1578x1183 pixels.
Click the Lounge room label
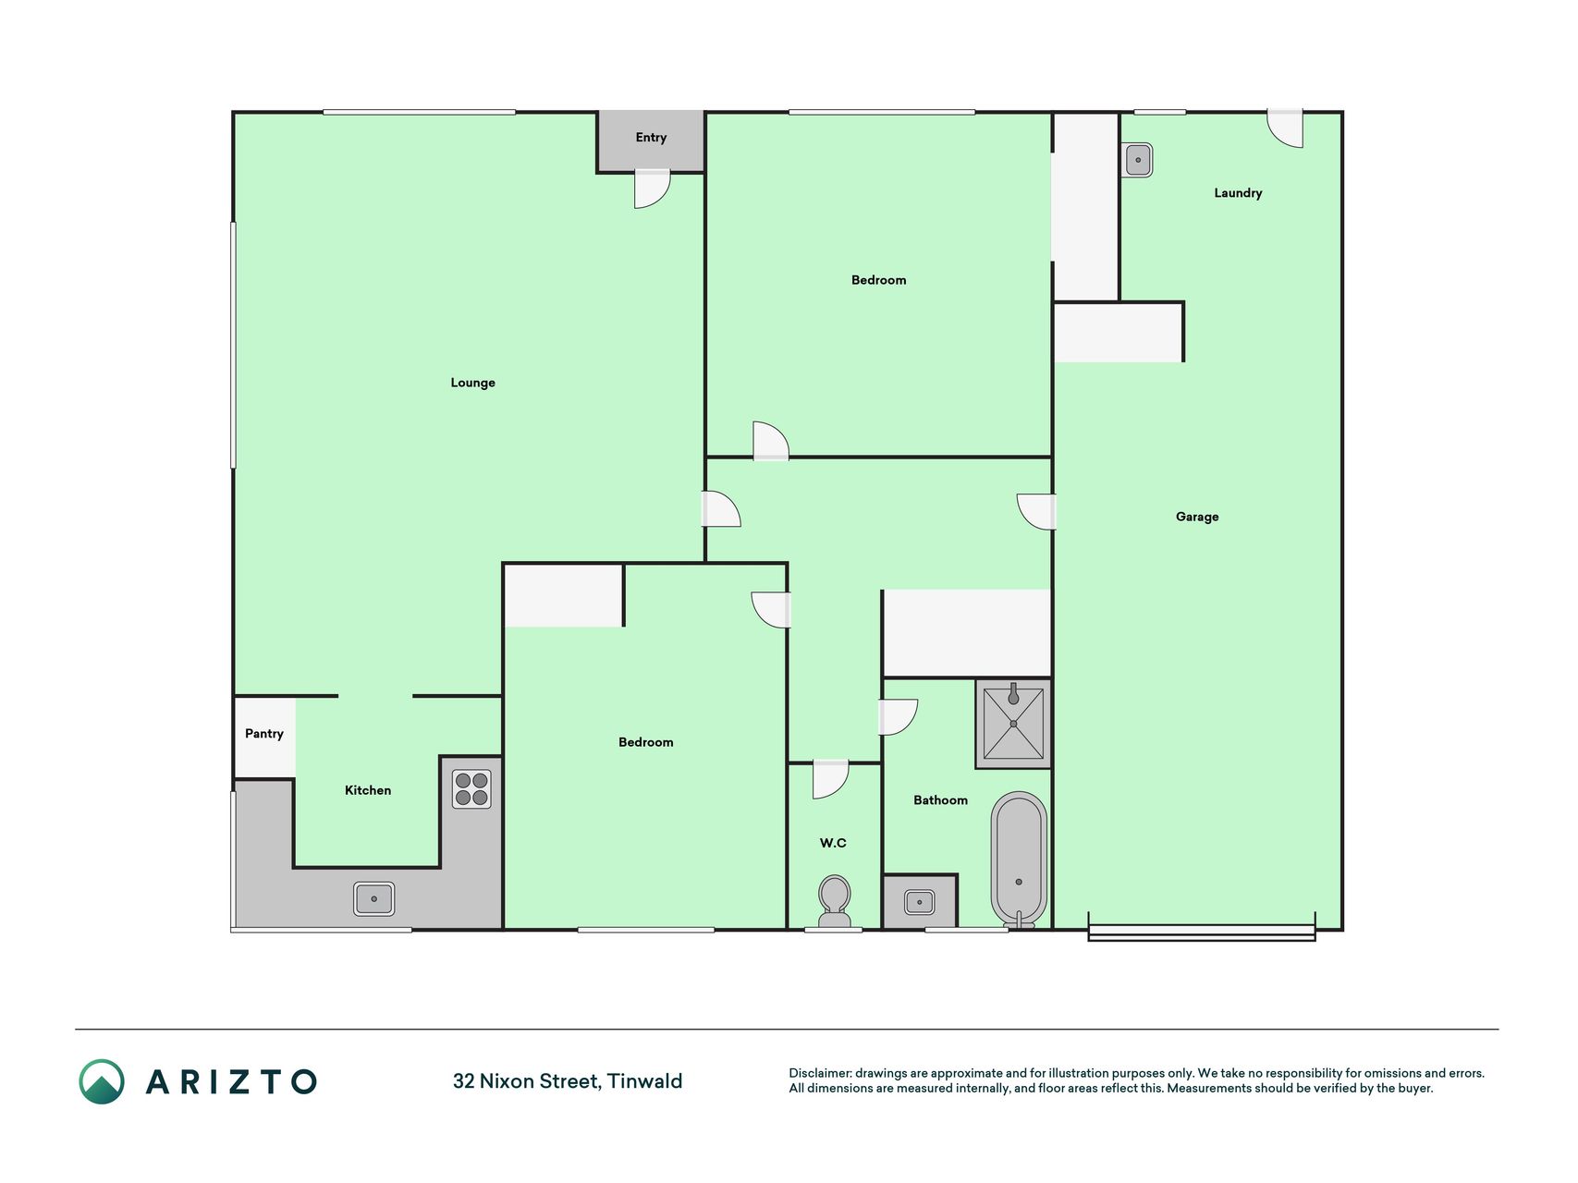click(x=472, y=383)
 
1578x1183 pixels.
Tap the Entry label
click(x=651, y=138)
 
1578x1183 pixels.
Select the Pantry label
click(x=264, y=734)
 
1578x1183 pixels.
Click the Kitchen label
click(x=368, y=790)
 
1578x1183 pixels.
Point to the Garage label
click(x=1197, y=517)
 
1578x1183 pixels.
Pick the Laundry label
click(x=1238, y=193)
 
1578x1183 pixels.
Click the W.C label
click(x=833, y=843)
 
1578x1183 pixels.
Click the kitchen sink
click(x=374, y=898)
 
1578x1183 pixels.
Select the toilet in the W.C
click(x=835, y=901)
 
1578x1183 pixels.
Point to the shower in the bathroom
click(x=1013, y=724)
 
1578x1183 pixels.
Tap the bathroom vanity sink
click(x=919, y=902)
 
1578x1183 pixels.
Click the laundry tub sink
click(x=1138, y=160)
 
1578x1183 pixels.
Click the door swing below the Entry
click(x=652, y=189)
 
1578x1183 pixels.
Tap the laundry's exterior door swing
click(x=1285, y=128)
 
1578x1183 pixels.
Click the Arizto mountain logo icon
click(x=102, y=1081)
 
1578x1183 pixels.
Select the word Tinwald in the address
click(x=644, y=1081)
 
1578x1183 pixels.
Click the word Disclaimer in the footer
click(x=820, y=1073)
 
